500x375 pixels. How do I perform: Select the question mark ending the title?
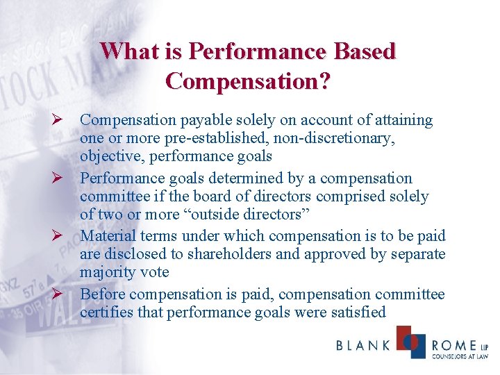(324, 81)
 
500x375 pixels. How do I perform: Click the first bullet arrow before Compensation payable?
(59, 120)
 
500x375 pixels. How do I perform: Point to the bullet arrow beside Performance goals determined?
(59, 178)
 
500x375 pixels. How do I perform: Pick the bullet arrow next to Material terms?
(59, 236)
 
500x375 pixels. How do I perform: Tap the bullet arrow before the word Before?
(59, 294)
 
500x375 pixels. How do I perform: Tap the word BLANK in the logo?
(362, 345)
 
